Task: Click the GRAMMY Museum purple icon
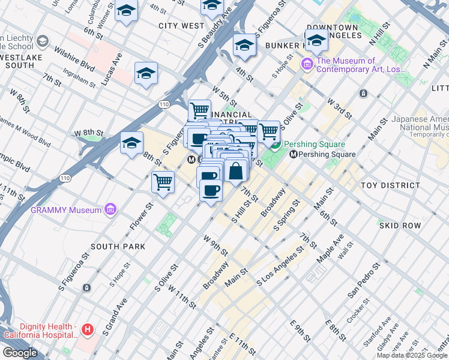[x=110, y=209]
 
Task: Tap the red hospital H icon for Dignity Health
[x=88, y=329]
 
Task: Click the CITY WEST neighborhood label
[x=182, y=26]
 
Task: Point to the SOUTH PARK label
[x=118, y=247]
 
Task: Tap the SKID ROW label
[x=400, y=225]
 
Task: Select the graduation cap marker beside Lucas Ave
[x=146, y=74]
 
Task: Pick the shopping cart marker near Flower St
[x=163, y=182]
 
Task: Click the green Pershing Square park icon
[x=275, y=145]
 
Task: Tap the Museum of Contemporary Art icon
[x=308, y=64]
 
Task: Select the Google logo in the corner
[x=19, y=353]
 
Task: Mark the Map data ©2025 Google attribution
[x=412, y=355]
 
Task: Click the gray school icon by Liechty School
[x=43, y=41]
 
